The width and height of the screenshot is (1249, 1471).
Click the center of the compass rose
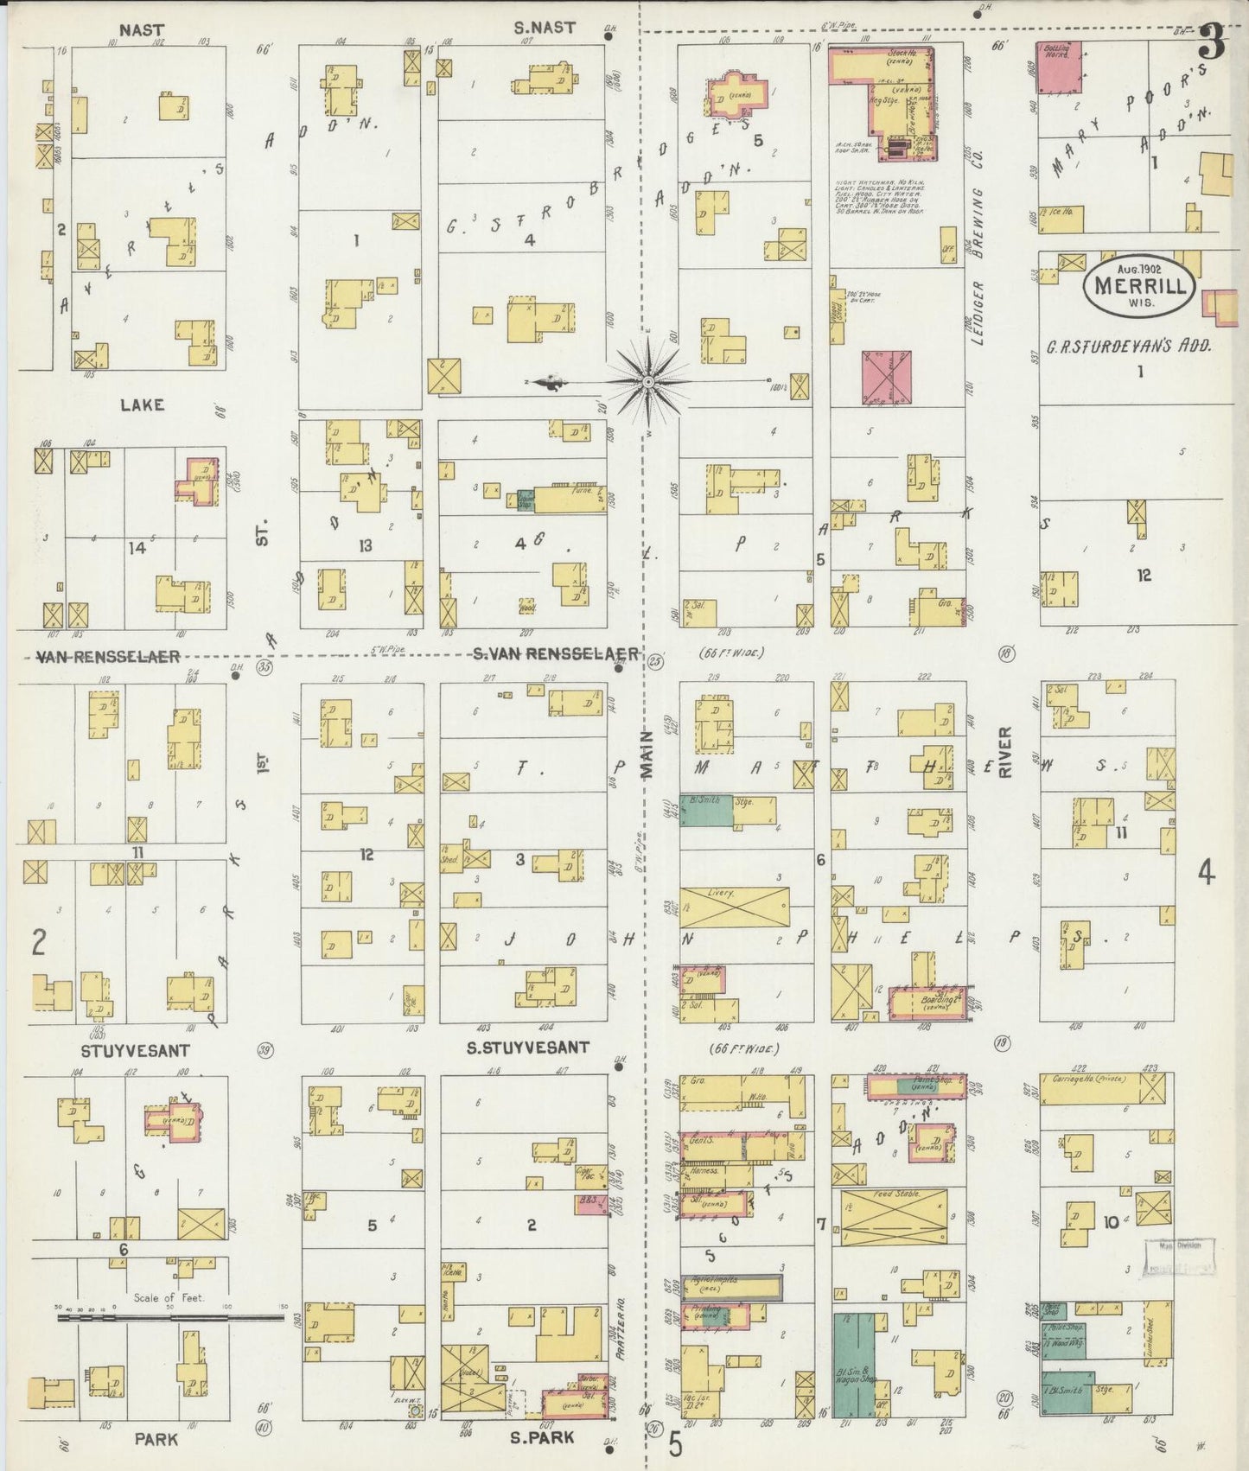coord(648,380)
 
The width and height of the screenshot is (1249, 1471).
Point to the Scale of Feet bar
coord(171,1318)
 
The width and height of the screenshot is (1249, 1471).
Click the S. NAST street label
coord(544,28)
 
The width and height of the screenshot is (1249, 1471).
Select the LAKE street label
coord(143,404)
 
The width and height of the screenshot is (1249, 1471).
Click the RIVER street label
coord(1004,752)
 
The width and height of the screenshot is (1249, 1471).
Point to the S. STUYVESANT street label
coord(527,1048)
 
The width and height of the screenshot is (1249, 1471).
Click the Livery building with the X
coord(734,907)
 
